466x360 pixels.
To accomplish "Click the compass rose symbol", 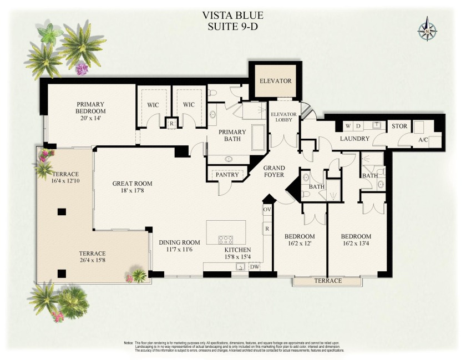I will (428, 29).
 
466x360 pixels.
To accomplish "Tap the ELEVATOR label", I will (276, 81).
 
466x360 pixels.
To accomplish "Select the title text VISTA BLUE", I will (233, 15).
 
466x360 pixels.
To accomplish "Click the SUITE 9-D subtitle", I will (233, 27).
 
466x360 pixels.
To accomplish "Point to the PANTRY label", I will (227, 175).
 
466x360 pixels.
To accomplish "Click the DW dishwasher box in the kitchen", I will (255, 267).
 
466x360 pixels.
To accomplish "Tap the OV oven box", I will (267, 210).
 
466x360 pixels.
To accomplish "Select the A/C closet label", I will (423, 140).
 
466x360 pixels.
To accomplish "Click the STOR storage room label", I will (399, 126).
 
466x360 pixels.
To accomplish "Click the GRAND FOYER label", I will (273, 171).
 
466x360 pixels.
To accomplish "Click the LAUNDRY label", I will (355, 139).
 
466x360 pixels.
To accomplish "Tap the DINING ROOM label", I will (179, 242).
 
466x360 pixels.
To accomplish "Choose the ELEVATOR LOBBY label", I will (283, 118).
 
